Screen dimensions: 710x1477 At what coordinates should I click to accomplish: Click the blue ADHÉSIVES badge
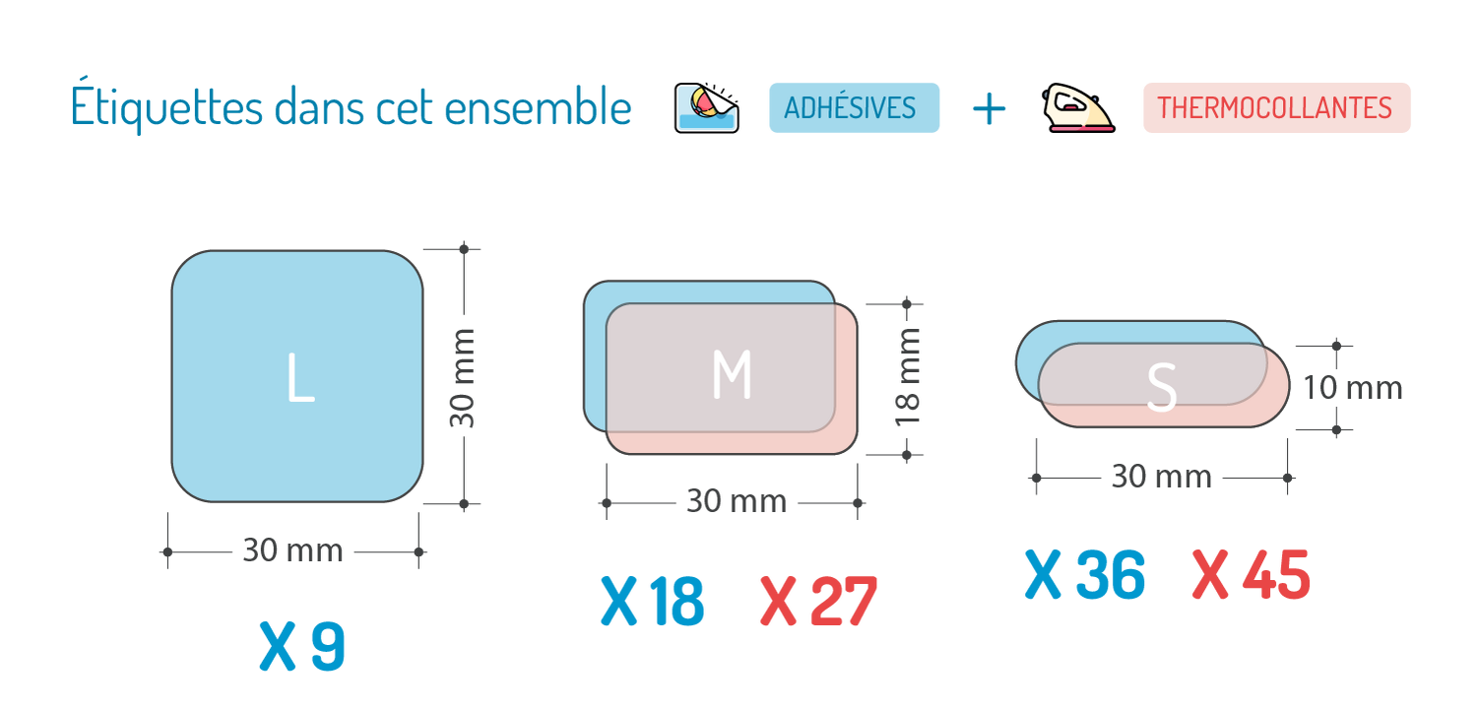pyautogui.click(x=854, y=107)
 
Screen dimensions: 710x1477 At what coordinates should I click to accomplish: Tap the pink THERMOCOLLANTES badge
pyautogui.click(x=1276, y=107)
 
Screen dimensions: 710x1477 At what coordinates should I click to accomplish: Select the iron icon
pyautogui.click(x=1077, y=108)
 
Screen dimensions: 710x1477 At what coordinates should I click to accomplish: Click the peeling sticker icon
pyautogui.click(x=707, y=107)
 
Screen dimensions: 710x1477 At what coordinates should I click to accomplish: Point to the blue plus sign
pyautogui.click(x=989, y=108)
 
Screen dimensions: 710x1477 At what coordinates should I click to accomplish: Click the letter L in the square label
pyautogui.click(x=299, y=378)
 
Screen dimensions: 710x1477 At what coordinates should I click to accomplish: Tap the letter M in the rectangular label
pyautogui.click(x=732, y=375)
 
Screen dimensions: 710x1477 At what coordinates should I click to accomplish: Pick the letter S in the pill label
pyautogui.click(x=1162, y=389)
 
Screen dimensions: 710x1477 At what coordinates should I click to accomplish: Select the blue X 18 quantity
pyautogui.click(x=652, y=602)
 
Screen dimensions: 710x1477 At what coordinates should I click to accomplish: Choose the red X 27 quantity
pyautogui.click(x=816, y=602)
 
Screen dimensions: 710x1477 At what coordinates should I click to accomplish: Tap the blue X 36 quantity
pyautogui.click(x=1084, y=575)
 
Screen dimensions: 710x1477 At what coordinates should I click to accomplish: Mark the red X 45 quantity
pyautogui.click(x=1251, y=575)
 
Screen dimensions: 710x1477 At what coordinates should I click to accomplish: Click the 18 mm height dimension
pyautogui.click(x=911, y=375)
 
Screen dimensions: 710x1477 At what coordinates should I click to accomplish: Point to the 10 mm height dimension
pyautogui.click(x=1353, y=388)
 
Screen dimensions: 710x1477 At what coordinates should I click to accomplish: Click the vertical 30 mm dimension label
pyautogui.click(x=463, y=378)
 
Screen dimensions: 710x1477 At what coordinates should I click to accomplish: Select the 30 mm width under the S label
pyautogui.click(x=1162, y=478)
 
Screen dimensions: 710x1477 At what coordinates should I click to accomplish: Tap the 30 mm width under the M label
pyautogui.click(x=737, y=502)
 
